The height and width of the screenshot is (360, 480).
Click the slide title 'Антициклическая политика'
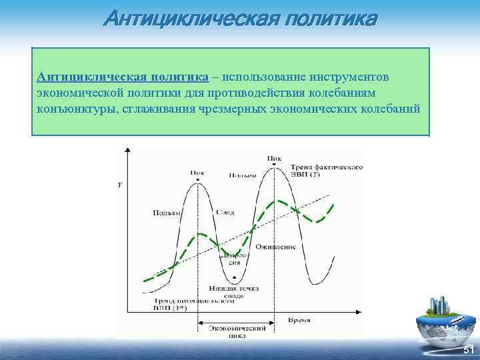tap(240, 18)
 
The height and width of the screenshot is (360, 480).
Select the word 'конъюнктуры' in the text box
tap(74, 109)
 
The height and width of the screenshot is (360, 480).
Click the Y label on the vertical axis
tap(119, 185)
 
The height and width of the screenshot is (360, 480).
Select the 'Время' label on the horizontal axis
tap(299, 320)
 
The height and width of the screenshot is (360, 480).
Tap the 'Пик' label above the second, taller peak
tap(273, 159)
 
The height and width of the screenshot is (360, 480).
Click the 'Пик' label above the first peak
tap(197, 172)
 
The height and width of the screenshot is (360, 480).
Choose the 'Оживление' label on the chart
tap(280, 247)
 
